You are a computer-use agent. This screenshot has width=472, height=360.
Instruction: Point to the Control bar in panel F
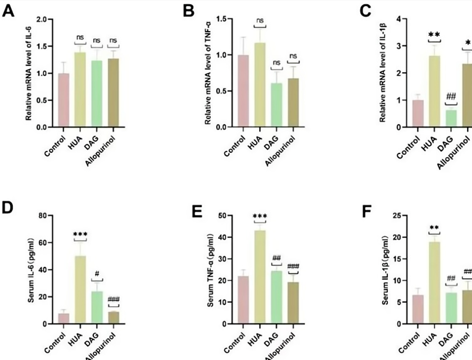click(x=417, y=309)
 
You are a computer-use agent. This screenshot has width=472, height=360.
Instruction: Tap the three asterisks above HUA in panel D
click(x=80, y=234)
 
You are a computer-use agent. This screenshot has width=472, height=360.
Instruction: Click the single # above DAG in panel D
click(x=96, y=275)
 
